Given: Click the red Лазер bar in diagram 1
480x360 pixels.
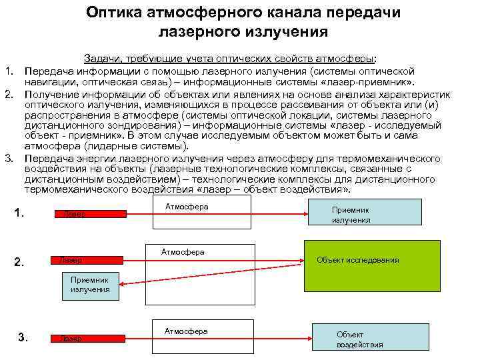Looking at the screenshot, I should (90, 214).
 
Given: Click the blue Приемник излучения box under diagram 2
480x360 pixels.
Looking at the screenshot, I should (90, 285).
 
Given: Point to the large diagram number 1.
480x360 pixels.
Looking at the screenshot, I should (19, 213).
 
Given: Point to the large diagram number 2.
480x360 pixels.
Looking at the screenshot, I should (19, 261).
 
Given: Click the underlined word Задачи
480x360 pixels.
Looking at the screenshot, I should (103, 59).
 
